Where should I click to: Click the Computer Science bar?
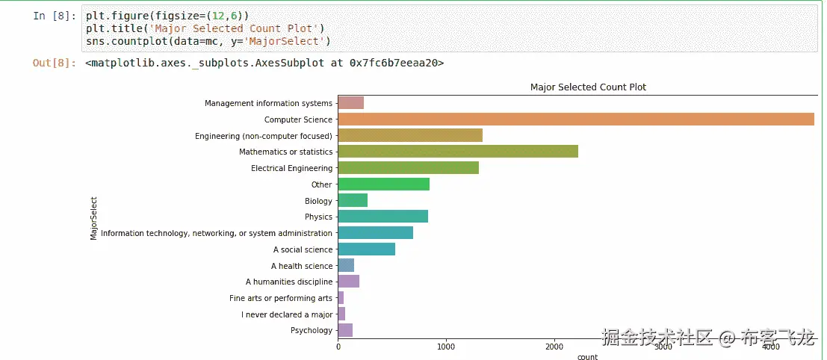pos(575,120)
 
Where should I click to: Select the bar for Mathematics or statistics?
pos(458,152)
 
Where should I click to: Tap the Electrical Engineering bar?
pos(408,168)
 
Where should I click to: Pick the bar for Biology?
pos(353,200)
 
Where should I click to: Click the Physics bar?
pos(382,217)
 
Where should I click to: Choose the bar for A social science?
pos(366,249)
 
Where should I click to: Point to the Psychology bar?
pos(345,330)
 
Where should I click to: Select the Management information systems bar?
pos(350,103)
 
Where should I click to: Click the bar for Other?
pos(383,184)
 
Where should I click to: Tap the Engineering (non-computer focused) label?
pos(264,136)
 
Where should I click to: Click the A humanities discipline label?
pos(289,282)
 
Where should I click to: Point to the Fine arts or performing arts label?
pos(281,298)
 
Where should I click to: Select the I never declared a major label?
pos(287,314)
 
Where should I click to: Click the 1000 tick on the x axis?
pos(446,347)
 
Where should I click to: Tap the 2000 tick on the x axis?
pos(554,347)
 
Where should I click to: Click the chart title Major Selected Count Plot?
pos(588,87)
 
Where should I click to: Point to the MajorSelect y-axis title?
pos(93,218)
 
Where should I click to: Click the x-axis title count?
pos(587,357)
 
